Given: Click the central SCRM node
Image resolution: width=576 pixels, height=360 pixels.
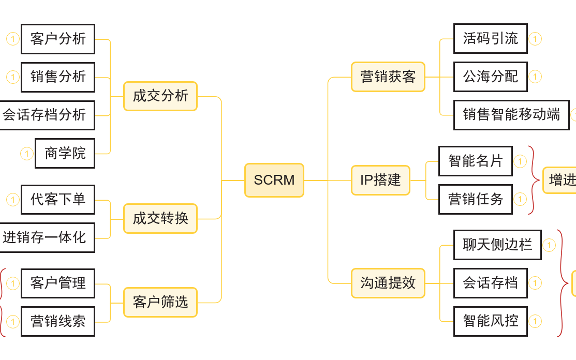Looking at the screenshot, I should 274,180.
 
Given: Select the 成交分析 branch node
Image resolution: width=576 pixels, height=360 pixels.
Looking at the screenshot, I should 160,96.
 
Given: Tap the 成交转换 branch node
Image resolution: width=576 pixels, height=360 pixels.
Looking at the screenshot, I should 160,218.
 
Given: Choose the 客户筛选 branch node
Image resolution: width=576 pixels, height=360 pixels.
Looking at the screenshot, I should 160,302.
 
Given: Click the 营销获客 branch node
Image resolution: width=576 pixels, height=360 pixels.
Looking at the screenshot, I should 388,77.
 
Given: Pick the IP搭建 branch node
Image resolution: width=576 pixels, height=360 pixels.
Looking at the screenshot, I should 380,180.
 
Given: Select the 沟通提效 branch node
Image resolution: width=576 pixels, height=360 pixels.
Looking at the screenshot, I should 388,283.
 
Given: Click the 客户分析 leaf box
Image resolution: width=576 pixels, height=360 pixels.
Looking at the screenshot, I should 58,39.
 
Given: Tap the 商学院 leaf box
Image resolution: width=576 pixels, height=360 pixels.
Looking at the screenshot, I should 65,153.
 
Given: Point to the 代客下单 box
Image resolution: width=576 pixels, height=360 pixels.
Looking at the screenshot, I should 58,199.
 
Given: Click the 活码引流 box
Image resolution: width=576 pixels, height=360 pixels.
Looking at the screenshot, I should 490,38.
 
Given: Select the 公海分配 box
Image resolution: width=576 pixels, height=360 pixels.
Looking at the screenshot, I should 490,77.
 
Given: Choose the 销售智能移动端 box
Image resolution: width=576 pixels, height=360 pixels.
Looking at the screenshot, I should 511,115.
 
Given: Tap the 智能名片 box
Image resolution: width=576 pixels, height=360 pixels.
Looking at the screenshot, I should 475,161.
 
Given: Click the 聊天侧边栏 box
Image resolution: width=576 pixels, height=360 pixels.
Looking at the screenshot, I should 497,245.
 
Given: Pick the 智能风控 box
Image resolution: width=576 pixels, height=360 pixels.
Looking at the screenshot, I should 490,321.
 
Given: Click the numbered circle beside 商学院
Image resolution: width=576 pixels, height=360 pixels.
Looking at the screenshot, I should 27,154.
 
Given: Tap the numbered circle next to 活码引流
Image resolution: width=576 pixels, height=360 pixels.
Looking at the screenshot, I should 535,39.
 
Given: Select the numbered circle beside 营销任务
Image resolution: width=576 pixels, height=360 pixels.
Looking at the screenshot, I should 520,199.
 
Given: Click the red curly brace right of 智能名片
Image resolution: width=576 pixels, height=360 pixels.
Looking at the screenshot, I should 533,180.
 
